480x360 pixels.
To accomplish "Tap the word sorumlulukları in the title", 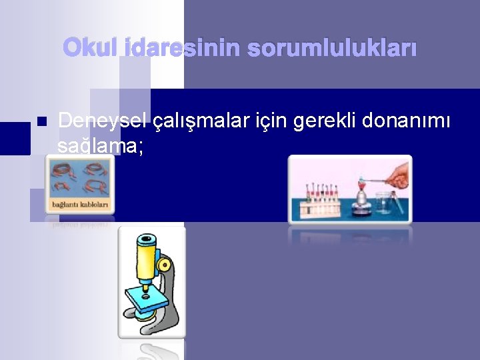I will (x=332, y=48).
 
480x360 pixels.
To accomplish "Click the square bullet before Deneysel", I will (x=41, y=122).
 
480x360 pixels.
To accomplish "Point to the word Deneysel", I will (x=103, y=121).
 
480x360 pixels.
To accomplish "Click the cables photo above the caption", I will (x=79, y=177).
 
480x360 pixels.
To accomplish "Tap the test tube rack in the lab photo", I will (x=319, y=200).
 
